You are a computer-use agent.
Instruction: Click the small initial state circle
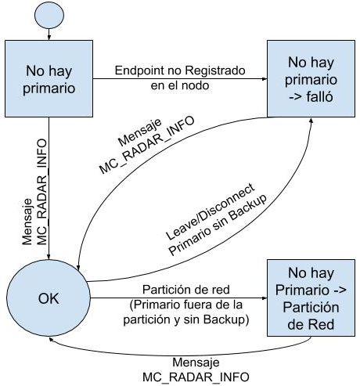tap(49, 15)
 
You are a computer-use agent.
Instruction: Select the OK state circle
tap(49, 298)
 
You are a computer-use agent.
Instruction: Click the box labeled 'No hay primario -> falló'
tap(311, 78)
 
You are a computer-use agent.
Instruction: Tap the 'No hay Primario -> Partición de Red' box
tap(311, 298)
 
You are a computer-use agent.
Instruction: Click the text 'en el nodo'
tap(180, 85)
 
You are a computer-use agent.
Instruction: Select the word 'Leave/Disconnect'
tap(211, 211)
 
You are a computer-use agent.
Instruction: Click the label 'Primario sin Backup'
tap(218, 225)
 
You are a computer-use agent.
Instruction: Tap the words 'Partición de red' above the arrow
tap(186, 290)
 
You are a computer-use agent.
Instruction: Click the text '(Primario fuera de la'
tap(186, 305)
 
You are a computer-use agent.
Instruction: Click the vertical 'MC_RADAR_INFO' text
tap(42, 192)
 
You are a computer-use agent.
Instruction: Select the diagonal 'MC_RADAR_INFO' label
tap(147, 145)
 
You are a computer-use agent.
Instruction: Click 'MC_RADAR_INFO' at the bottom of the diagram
tap(196, 377)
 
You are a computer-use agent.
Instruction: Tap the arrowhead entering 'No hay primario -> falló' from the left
tap(265, 78)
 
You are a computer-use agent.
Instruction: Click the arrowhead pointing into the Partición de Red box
tap(265, 298)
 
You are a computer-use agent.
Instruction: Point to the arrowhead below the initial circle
tap(49, 38)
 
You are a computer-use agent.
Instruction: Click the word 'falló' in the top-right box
tap(319, 97)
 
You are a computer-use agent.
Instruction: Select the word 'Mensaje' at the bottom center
tap(196, 363)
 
